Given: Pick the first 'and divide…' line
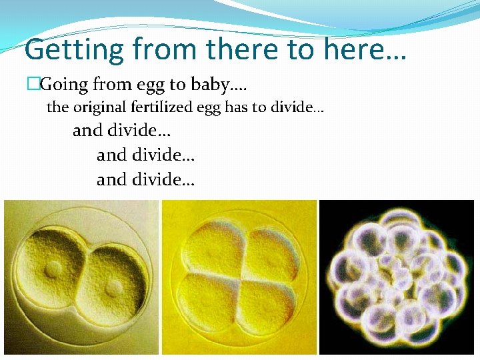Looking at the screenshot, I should click(121, 130).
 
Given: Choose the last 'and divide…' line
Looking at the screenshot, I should click(145, 179).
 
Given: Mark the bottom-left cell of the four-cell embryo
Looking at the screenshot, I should click(212, 303).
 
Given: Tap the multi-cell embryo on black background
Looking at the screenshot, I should click(397, 275).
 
